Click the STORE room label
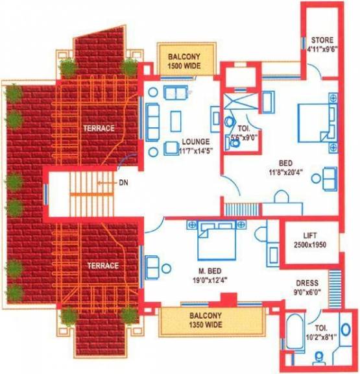tap(322, 40)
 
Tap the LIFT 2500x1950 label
tap(309, 240)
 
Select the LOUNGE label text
tap(196, 142)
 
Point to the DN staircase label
tap(123, 182)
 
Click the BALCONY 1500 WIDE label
tap(184, 61)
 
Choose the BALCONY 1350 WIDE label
tap(206, 320)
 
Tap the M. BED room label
tap(210, 271)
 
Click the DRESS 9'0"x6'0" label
tap(307, 287)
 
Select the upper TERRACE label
tap(99, 129)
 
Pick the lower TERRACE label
tap(103, 266)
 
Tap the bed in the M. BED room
tap(217, 240)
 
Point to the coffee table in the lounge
tap(176, 121)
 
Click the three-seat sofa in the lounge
tap(152, 122)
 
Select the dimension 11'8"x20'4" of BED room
tap(285, 172)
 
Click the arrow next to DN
tap(106, 183)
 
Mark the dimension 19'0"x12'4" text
tap(210, 280)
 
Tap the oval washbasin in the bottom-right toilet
tap(346, 329)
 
